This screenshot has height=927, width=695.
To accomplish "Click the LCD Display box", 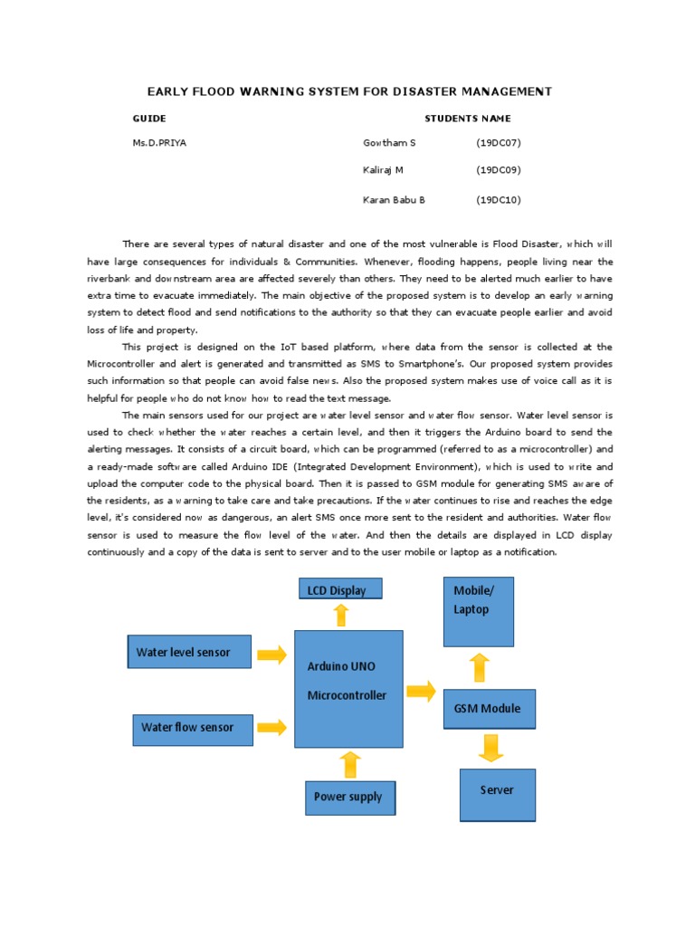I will (x=340, y=589).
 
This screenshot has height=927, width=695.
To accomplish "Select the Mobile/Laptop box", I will (x=479, y=611).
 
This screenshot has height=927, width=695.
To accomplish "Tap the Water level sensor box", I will (x=188, y=652).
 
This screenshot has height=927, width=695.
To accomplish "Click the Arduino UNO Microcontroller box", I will (x=348, y=685).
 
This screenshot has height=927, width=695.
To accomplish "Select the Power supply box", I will (x=349, y=797).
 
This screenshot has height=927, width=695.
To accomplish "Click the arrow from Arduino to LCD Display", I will (x=341, y=616).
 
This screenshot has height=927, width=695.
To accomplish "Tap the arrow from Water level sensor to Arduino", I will (x=271, y=654).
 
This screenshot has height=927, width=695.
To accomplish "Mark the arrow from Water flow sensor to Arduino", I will (x=271, y=727).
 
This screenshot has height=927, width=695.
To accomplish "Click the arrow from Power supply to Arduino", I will (x=349, y=765).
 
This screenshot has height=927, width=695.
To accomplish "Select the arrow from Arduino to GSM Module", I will (x=421, y=693).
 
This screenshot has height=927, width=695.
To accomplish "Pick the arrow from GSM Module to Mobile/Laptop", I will (x=480, y=668).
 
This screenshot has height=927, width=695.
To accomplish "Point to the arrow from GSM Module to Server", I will (x=490, y=749).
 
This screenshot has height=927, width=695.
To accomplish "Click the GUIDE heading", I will (x=149, y=119).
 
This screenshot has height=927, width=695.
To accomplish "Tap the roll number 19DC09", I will (x=499, y=170).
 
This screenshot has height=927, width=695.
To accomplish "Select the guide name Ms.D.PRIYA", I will (x=159, y=143).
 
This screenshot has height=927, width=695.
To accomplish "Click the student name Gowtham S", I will (x=389, y=143).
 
